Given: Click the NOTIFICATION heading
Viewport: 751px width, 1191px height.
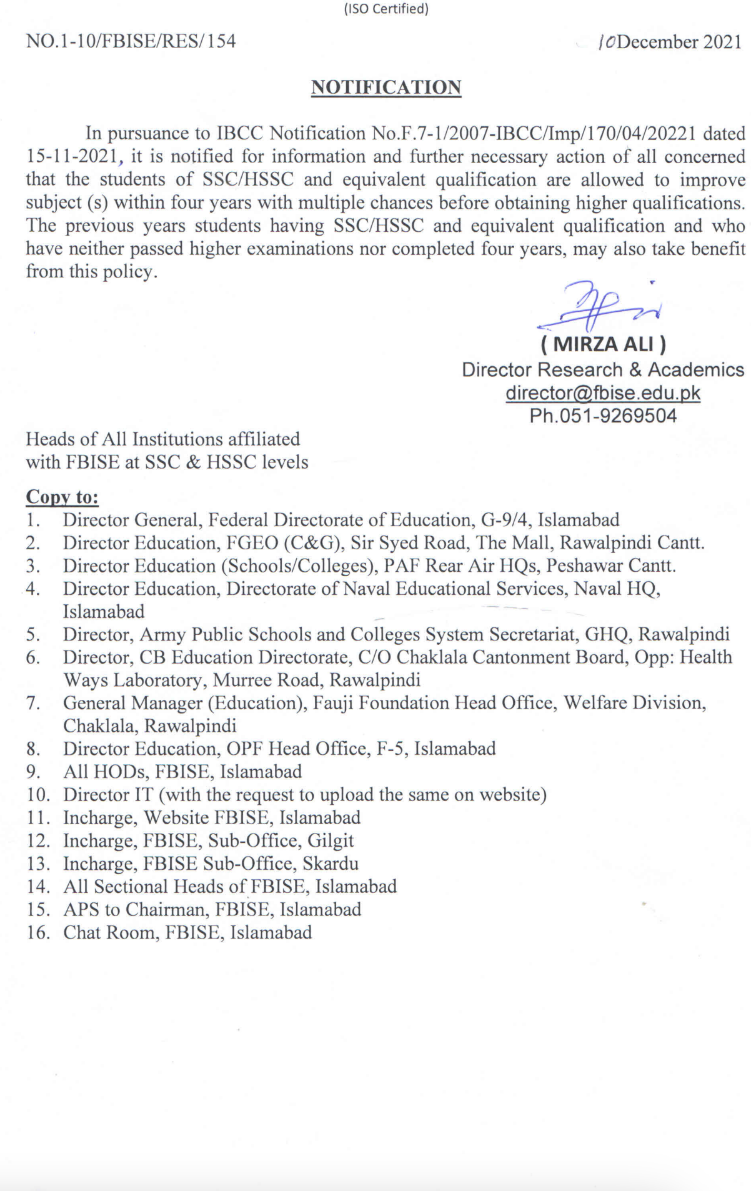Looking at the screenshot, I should pyautogui.click(x=386, y=87).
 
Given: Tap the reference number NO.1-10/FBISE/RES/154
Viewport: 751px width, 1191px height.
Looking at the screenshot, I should pyautogui.click(x=131, y=41).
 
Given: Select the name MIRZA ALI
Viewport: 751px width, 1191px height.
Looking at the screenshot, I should pyautogui.click(x=604, y=344).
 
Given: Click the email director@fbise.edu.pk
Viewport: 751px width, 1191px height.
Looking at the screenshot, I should pyautogui.click(x=603, y=393).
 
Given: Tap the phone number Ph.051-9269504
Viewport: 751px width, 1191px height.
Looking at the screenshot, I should pyautogui.click(x=603, y=416).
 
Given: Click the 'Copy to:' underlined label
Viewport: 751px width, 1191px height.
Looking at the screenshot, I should pyautogui.click(x=62, y=497).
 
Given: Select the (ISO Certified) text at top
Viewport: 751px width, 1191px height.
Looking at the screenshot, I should pyautogui.click(x=386, y=9).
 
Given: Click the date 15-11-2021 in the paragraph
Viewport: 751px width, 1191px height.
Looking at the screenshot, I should pyautogui.click(x=71, y=157).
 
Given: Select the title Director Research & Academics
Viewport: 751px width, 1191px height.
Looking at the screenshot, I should pyautogui.click(x=603, y=370).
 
